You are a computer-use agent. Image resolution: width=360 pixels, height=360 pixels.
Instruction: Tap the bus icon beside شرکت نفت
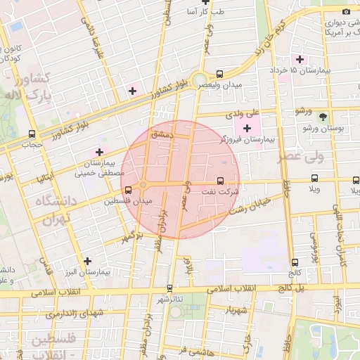221,181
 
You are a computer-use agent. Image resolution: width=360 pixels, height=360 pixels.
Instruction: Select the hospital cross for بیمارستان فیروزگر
246,128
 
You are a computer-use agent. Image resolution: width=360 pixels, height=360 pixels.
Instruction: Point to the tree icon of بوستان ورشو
323,117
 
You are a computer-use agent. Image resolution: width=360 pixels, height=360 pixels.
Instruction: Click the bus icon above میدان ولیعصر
219,73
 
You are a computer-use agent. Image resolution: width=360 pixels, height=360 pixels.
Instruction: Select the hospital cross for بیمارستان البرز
86,261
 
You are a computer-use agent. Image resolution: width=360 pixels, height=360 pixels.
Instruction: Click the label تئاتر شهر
169,299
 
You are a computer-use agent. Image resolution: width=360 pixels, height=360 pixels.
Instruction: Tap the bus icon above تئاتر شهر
169,288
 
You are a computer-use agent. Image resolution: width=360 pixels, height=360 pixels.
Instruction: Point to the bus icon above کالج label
294,262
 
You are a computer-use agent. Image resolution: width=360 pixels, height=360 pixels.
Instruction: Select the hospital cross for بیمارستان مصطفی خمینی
99,151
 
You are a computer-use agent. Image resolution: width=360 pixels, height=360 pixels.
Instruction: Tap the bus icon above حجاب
32,134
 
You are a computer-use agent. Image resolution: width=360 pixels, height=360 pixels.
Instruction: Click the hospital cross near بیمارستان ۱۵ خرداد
301,59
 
